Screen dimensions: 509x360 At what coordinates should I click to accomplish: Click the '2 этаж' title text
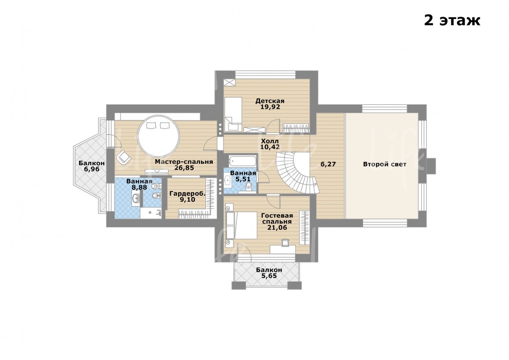[x=452, y=21]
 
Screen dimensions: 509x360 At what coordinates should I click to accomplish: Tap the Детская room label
[x=270, y=101]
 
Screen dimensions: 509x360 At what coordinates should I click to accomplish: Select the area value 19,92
[x=270, y=107]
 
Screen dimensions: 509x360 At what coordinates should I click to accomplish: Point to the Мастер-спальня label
[x=184, y=162]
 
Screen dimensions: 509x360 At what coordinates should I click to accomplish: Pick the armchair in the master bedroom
[x=123, y=157]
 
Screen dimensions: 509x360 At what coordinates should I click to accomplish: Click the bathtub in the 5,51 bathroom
[x=242, y=161]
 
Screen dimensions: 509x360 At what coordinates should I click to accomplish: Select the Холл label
[x=270, y=141]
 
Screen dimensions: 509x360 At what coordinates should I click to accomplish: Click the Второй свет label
[x=384, y=164]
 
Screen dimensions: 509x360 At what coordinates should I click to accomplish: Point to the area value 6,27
[x=328, y=164]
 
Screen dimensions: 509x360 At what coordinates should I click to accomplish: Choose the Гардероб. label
[x=187, y=194]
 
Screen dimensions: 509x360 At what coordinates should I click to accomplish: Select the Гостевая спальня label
[x=277, y=219]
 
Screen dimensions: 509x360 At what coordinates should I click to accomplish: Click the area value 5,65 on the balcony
[x=269, y=276]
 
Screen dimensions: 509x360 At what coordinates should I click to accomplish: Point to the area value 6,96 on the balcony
[x=92, y=169]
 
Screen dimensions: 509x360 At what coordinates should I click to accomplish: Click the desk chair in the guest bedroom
[x=285, y=242]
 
